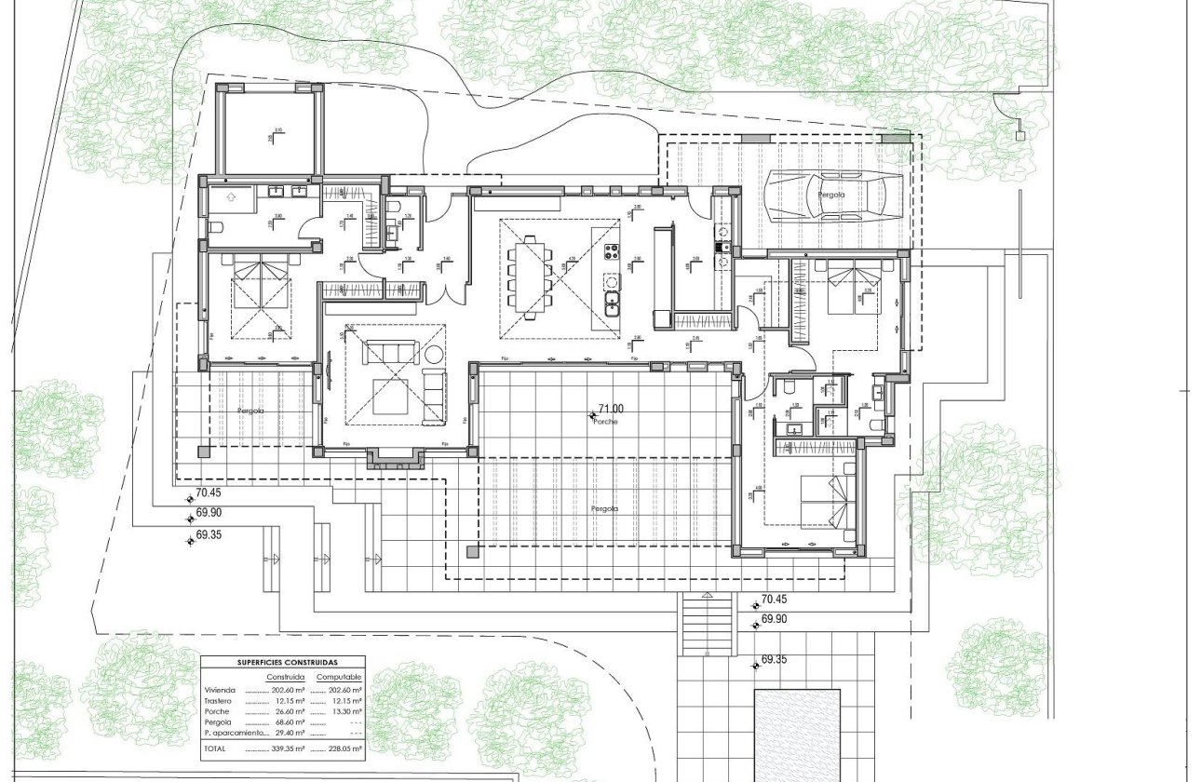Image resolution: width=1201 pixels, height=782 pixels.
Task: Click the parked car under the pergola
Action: click(x=833, y=196)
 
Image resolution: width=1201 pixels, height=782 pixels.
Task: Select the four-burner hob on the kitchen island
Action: click(x=613, y=251)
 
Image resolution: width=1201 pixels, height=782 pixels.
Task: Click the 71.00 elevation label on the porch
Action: click(x=611, y=409)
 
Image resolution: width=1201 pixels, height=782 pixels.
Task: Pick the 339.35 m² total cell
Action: click(x=286, y=748)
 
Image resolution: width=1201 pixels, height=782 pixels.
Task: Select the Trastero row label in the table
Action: click(x=220, y=700)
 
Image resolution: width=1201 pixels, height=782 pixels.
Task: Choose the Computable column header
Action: click(x=339, y=677)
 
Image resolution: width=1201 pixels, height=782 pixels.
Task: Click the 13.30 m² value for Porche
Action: click(x=345, y=711)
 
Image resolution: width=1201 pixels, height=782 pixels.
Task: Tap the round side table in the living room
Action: click(x=434, y=354)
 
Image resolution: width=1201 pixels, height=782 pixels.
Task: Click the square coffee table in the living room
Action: click(x=389, y=398)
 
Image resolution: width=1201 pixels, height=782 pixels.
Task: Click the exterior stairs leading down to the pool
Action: click(x=707, y=625)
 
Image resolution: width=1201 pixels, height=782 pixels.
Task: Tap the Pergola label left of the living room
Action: click(x=250, y=411)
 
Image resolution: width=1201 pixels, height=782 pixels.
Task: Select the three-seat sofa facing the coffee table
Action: click(x=389, y=352)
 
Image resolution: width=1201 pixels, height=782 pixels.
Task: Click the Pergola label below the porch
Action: click(x=604, y=509)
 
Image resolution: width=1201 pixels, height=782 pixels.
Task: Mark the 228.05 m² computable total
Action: click(x=339, y=748)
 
